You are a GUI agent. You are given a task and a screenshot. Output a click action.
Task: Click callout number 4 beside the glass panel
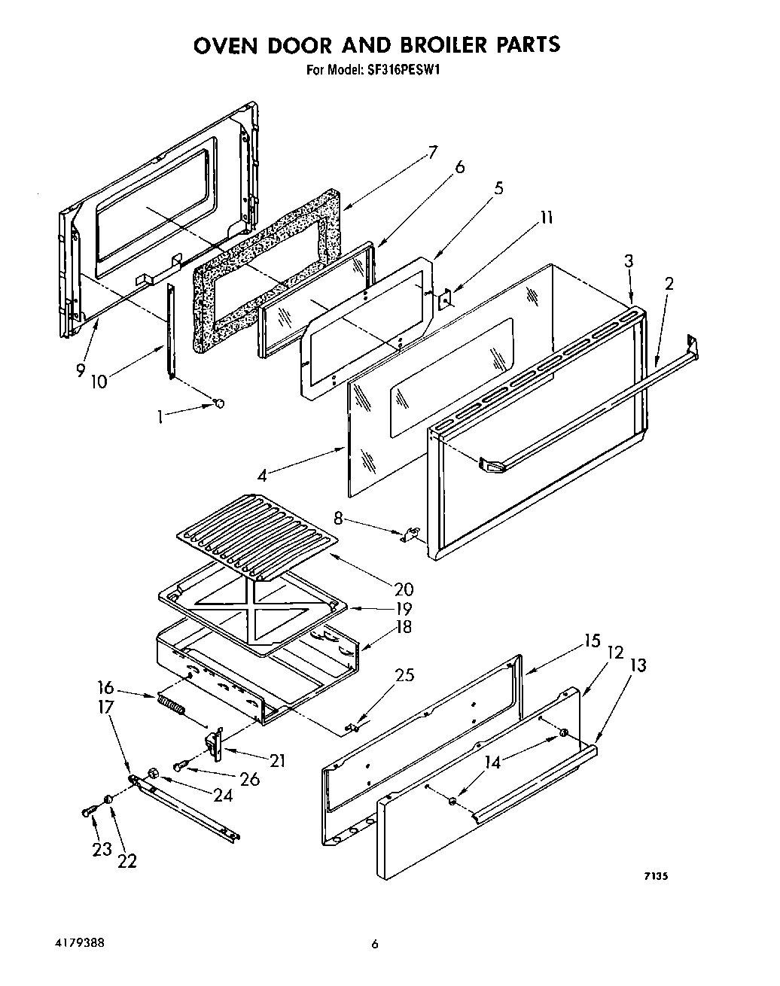point(261,475)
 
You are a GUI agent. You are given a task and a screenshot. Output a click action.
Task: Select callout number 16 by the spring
point(105,687)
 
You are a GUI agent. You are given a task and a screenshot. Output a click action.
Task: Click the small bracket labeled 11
point(445,300)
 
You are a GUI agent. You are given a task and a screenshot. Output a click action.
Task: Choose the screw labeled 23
point(87,812)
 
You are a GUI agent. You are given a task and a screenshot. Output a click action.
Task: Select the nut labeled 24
point(154,773)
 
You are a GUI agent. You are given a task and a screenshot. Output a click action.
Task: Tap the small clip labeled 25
point(351,726)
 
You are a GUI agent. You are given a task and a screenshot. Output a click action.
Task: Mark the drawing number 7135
point(657,876)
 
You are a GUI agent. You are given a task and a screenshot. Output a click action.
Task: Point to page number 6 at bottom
point(374,945)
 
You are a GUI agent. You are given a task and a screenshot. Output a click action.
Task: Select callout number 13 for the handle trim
point(637,665)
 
